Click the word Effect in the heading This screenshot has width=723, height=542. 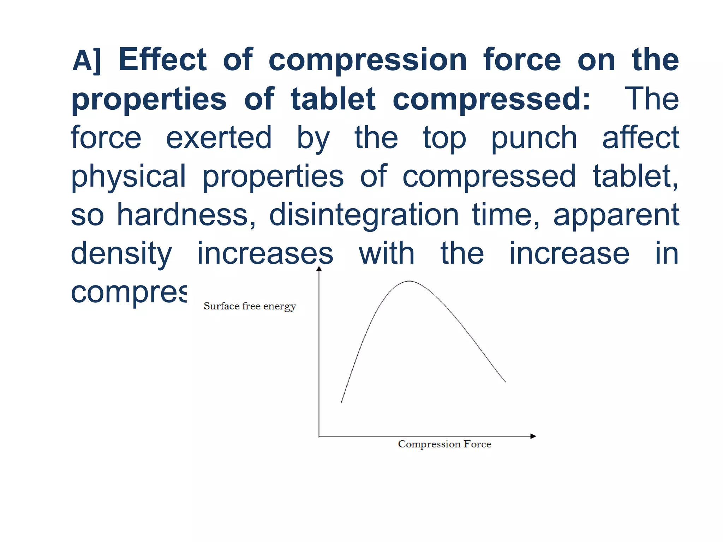tap(162, 60)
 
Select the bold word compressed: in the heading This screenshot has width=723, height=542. tap(491, 99)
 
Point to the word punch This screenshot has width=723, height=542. tap(534, 138)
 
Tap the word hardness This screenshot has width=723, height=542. tap(186, 215)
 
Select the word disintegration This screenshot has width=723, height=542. tap(364, 215)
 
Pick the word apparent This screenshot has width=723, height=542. tap(616, 215)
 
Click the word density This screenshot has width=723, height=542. tap(121, 254)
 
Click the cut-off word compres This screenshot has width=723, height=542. tap(129, 293)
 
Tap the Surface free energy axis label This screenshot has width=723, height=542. tap(250, 306)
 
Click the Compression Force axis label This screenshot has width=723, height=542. tap(444, 444)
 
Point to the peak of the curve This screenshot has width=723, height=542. tap(409, 281)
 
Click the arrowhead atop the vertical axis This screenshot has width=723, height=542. tap(319, 269)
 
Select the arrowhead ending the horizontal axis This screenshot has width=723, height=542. tap(533, 436)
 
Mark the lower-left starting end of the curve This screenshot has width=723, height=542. tap(341, 403)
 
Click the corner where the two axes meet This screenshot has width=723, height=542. tap(319, 436)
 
